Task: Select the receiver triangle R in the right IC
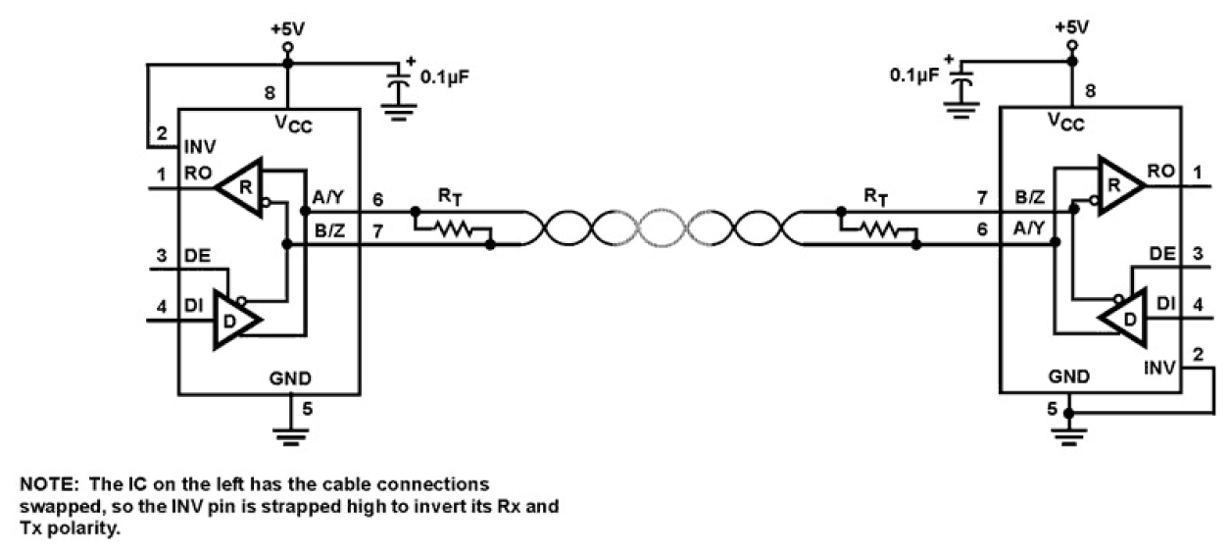pyautogui.click(x=1117, y=183)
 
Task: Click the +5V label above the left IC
pyautogui.click(x=287, y=25)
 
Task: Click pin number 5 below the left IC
pyautogui.click(x=307, y=410)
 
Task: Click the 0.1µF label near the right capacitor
pyautogui.click(x=913, y=74)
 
